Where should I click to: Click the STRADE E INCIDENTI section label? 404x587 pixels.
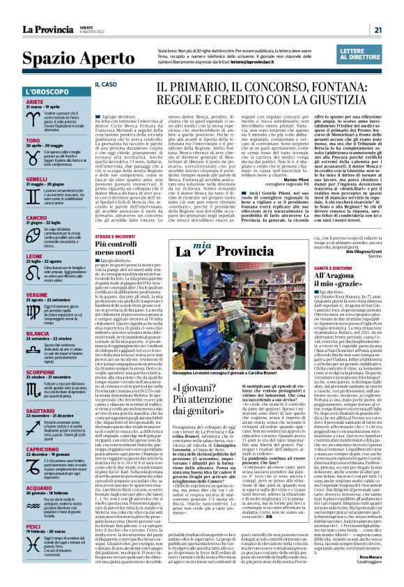pyautogui.click(x=116, y=237)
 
